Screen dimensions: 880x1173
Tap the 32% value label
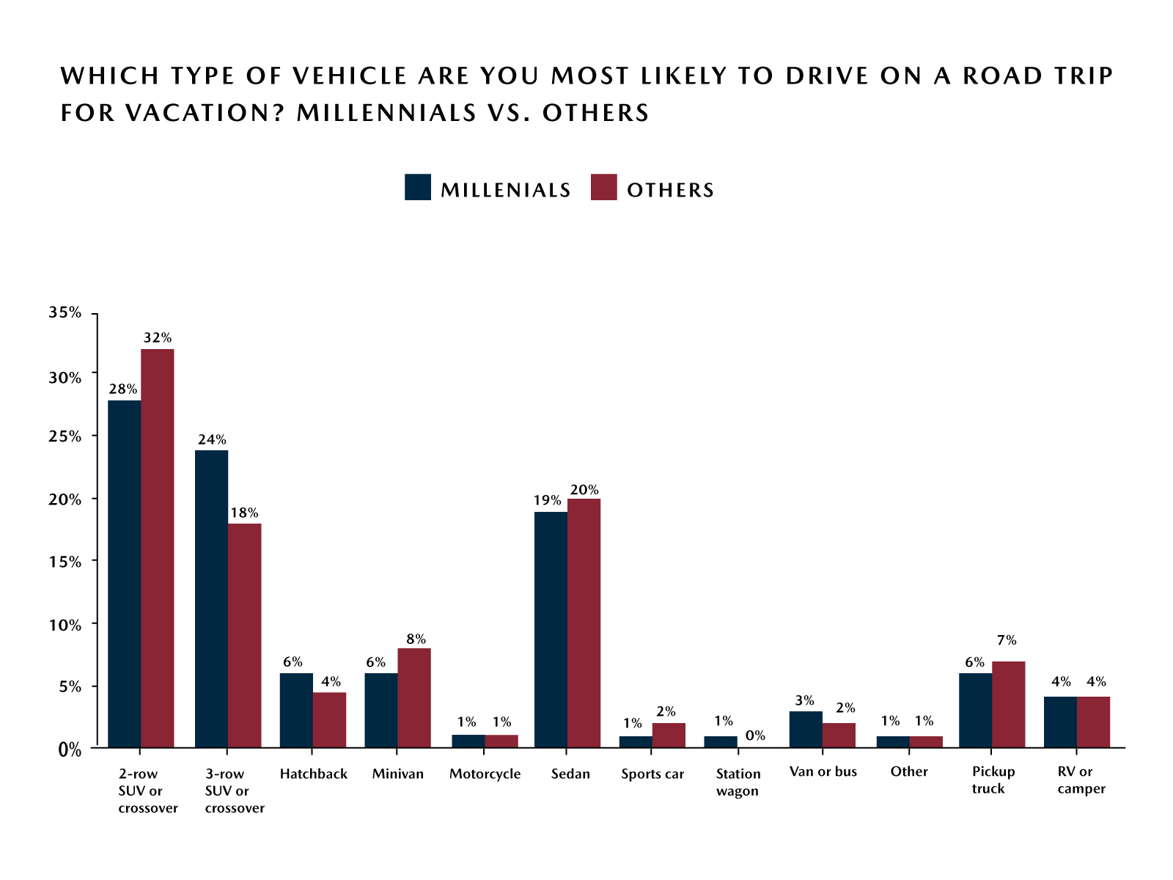point(158,338)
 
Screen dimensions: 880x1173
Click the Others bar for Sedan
point(584,623)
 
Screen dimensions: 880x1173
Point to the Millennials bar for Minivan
point(381,711)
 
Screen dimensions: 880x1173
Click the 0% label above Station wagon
point(755,736)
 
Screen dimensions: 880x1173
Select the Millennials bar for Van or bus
point(806,730)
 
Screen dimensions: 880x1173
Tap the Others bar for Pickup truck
point(1009,705)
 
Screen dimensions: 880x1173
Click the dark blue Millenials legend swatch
point(418,188)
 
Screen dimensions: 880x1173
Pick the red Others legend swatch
point(604,188)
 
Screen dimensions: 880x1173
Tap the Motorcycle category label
point(485,774)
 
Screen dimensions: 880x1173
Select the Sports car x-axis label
point(652,774)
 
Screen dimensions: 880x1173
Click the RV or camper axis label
point(1081,780)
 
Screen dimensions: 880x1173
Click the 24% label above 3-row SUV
point(212,440)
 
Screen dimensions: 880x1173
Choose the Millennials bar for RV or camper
point(1061,722)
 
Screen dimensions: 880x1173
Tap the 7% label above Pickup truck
point(1007,640)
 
